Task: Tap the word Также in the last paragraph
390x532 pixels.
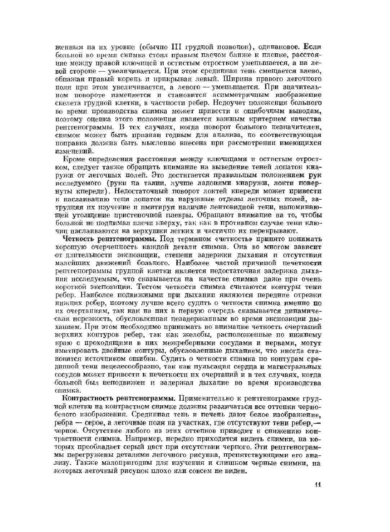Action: tap(88, 463)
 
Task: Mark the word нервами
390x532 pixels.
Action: tap(281, 343)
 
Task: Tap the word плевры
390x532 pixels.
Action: tap(179, 215)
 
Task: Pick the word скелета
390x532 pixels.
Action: tap(66, 103)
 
